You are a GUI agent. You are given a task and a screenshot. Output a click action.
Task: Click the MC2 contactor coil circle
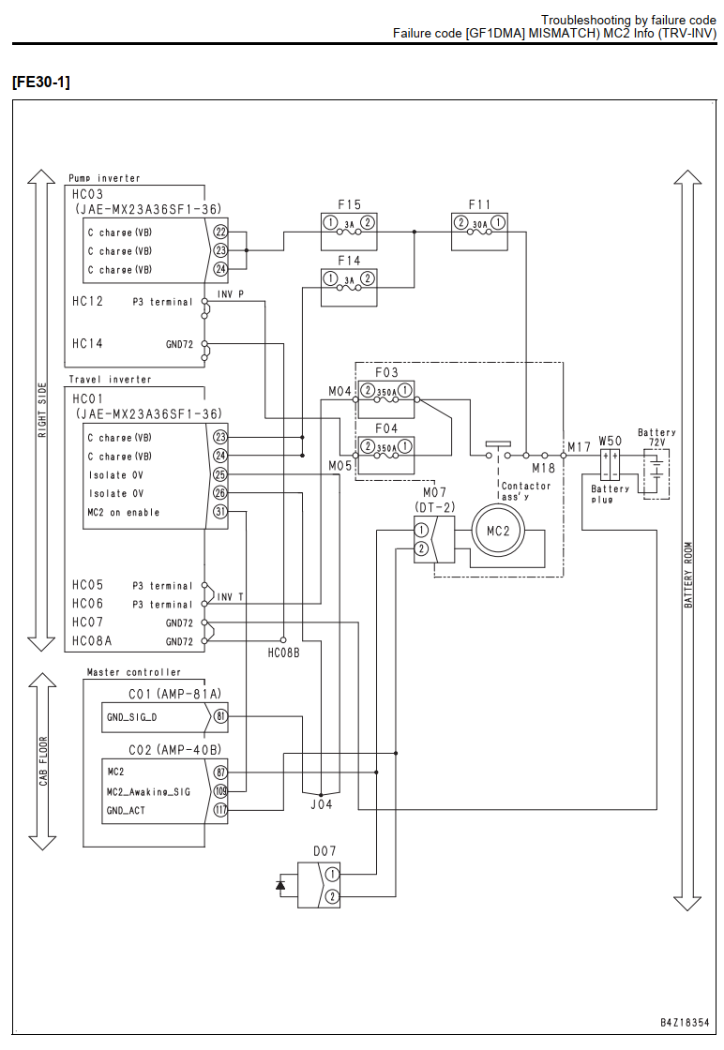point(498,531)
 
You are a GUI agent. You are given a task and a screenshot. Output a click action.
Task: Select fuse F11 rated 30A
point(479,232)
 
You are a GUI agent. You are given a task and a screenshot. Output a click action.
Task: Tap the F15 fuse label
point(349,204)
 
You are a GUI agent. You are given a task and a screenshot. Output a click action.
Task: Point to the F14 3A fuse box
point(349,287)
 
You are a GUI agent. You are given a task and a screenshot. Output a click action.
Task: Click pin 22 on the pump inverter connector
point(220,232)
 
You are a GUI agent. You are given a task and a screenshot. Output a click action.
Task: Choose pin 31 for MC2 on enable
point(220,512)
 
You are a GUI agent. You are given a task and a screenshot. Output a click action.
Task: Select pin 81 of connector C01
point(220,716)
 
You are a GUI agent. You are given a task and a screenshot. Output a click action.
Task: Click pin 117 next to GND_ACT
point(220,810)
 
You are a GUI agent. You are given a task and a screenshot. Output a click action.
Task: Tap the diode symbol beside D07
point(280,885)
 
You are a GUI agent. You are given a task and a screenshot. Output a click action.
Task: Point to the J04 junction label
point(322,804)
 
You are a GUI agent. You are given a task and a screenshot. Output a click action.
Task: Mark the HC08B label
point(283,652)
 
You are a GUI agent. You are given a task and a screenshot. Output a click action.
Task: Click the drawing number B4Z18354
point(685,1023)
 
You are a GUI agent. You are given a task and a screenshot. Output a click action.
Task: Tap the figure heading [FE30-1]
point(41,82)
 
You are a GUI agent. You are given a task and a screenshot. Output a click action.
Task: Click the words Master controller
point(134,671)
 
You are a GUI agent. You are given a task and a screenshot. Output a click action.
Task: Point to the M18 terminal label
point(543,468)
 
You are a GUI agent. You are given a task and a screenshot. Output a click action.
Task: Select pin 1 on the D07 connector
point(332,874)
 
